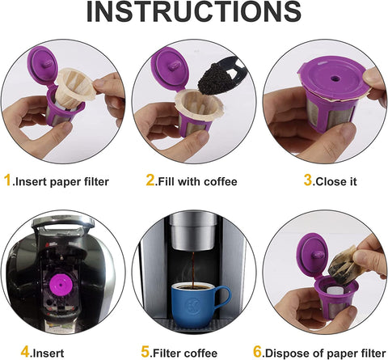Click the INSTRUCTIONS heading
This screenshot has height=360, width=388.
tap(193, 11)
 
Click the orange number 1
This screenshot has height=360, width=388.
tap(7, 180)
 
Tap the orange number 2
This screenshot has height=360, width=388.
tap(150, 180)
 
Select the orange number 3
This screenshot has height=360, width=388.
tap(308, 180)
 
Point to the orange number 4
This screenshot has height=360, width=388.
tap(25, 352)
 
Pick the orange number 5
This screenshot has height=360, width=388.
tap(145, 352)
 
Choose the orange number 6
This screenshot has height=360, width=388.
tap(258, 352)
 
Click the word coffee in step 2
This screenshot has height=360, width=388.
tap(221, 181)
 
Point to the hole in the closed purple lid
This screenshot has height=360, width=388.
tap(335, 78)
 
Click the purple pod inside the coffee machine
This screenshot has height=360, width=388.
tap(61, 286)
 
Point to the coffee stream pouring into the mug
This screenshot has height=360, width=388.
tap(194, 270)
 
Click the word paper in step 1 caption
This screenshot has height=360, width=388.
tap(65, 182)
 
